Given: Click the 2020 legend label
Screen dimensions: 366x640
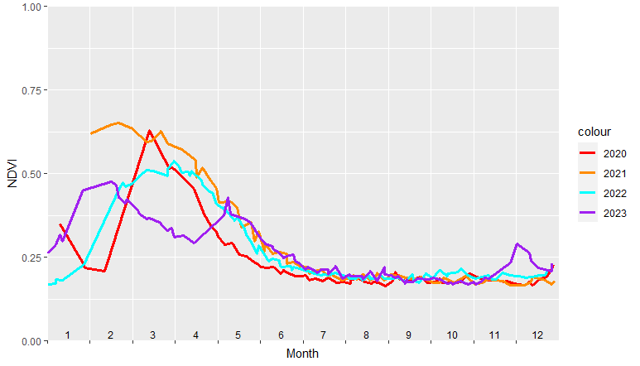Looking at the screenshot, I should [x=614, y=153].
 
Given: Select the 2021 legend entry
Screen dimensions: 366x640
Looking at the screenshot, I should [x=614, y=172].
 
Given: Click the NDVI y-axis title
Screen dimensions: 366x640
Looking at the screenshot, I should [x=12, y=174].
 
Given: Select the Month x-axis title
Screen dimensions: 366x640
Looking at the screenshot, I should [x=302, y=354].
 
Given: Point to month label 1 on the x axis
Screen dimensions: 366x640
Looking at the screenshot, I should [x=68, y=335].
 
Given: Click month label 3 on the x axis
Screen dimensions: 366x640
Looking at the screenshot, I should [x=153, y=335].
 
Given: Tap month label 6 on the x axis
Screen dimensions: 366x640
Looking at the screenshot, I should [x=282, y=335].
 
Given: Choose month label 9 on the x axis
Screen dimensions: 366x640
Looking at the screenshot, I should [x=409, y=335].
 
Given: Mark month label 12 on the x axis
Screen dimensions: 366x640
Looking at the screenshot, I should [x=537, y=335].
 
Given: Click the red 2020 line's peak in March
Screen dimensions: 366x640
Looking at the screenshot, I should [x=150, y=131].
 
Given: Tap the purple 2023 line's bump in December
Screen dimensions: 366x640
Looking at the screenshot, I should [x=517, y=244].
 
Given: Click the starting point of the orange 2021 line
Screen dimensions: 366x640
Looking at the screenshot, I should [x=91, y=133].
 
